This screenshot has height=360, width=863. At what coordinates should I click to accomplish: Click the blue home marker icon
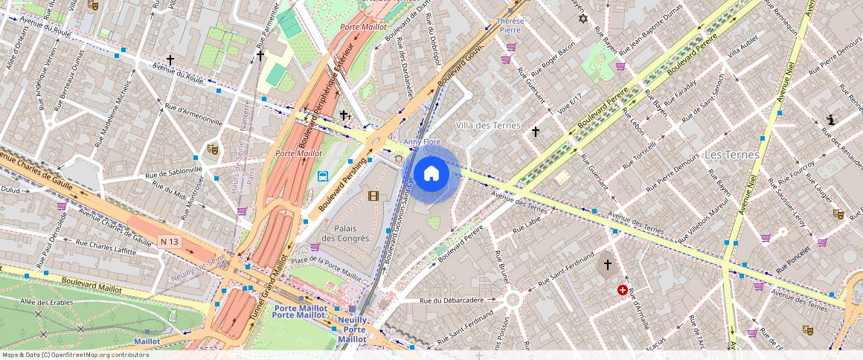431,174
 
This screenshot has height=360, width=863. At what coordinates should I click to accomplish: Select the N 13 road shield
169,242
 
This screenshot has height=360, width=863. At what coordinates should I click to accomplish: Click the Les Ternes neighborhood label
731,155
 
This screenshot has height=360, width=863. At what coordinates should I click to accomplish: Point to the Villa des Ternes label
488,125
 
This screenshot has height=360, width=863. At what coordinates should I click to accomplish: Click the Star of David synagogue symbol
583,19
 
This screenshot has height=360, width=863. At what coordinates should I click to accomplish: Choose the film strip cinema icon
373,196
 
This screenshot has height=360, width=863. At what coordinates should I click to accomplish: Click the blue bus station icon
324,176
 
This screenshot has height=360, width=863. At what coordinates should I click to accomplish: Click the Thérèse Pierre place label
510,26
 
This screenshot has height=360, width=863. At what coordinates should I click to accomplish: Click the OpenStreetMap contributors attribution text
75,355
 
